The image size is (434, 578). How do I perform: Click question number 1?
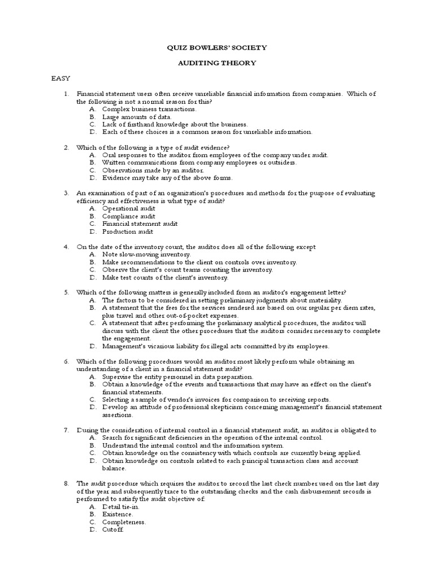[66, 93]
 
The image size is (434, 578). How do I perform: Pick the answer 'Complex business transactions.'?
[149, 108]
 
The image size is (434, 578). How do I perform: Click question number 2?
[66, 147]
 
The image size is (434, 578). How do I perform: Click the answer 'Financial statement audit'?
[140, 224]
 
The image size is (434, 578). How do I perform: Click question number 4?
[66, 247]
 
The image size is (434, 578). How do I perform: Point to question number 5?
[66, 292]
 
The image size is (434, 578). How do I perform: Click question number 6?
[66, 361]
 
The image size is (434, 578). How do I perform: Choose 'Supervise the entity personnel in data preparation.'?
[177, 376]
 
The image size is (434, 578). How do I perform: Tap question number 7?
[66, 430]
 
